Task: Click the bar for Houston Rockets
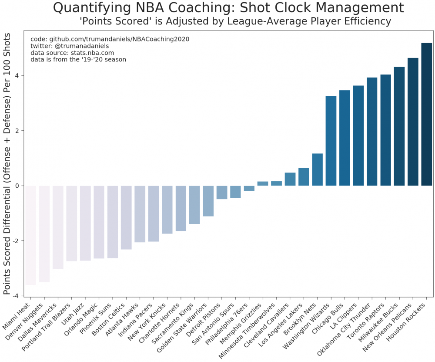tap(427, 114)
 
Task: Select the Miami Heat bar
tap(31, 235)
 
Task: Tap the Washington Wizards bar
tap(331, 141)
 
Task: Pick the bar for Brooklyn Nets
tap(318, 169)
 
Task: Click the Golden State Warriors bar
tap(208, 201)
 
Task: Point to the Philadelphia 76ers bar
tap(249, 188)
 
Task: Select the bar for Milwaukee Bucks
tap(399, 126)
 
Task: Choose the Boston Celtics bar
tap(126, 217)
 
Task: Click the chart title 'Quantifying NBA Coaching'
tap(228, 8)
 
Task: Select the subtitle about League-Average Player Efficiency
tap(235, 21)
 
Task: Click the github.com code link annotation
tap(110, 39)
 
